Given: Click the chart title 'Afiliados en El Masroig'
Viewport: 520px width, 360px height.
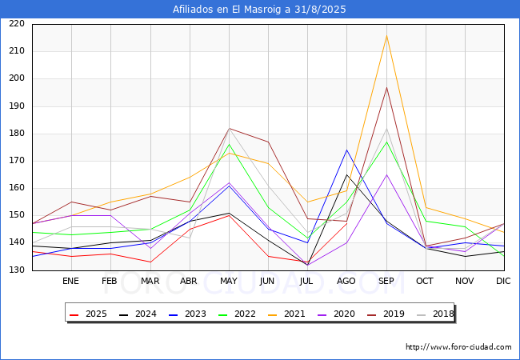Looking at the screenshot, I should click(x=259, y=10).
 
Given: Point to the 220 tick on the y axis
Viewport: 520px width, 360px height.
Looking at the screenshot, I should click(x=16, y=24).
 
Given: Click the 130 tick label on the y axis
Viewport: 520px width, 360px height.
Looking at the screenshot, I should click(x=16, y=270).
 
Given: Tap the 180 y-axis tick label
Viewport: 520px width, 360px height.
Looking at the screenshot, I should click(x=16, y=134).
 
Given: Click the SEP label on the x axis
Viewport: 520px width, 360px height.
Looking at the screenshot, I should click(x=386, y=282).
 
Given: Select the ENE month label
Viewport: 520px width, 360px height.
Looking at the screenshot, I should click(x=71, y=282).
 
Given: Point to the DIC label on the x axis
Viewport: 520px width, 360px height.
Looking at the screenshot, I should click(x=503, y=282).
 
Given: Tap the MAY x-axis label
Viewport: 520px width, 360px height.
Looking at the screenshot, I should click(x=228, y=282).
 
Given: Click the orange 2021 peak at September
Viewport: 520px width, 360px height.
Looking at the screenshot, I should click(x=386, y=36).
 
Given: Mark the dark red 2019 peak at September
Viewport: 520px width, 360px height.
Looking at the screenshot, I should click(x=386, y=87).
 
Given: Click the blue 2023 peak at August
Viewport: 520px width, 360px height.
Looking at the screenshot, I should click(x=347, y=150).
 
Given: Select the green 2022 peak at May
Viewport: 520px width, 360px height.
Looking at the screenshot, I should click(x=229, y=144).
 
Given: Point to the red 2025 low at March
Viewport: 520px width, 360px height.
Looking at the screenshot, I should click(x=150, y=262).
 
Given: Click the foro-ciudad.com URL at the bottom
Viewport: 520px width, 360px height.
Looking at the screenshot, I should click(x=458, y=347).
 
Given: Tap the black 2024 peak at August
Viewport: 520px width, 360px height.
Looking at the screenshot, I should click(x=347, y=174).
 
